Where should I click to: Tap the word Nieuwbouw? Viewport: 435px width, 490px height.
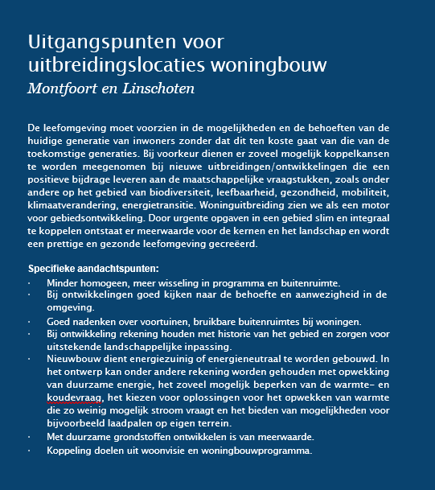tap(76, 358)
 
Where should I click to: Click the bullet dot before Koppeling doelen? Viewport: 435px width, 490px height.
tap(31, 450)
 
